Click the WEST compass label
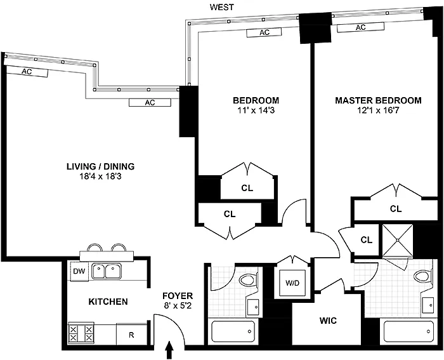pos(222,7)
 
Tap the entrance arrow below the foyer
pos(169,350)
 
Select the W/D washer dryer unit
pos(292,283)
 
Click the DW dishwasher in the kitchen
pos(79,271)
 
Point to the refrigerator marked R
pos(131,335)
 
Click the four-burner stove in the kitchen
pos(81,333)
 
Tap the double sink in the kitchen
pos(106,271)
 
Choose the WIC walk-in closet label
pos(328,321)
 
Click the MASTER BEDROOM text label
pos(378,100)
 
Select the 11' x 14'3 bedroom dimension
pos(256,110)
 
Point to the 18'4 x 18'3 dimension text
pos(100,177)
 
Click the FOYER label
pos(178,296)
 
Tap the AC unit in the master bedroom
pos(360,27)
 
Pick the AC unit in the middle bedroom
pos(264,32)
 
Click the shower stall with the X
pos(398,240)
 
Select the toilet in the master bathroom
pos(422,276)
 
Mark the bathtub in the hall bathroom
pos(233,331)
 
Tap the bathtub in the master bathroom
pos(408,331)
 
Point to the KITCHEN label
pos(108,302)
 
